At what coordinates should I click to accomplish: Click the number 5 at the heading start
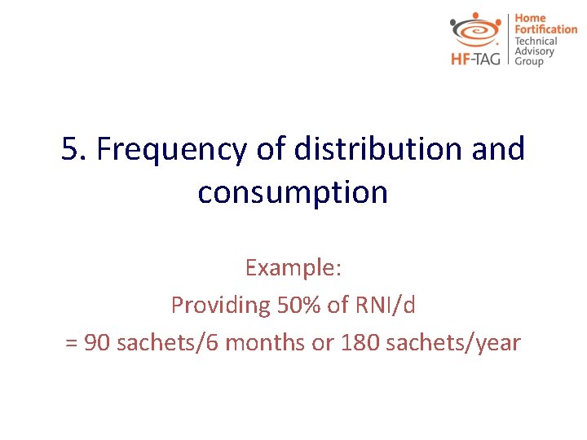click(70, 150)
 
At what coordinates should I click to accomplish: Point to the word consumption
click(293, 193)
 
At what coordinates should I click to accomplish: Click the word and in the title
click(497, 150)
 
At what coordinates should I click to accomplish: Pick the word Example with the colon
click(292, 267)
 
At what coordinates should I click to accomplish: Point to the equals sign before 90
click(71, 343)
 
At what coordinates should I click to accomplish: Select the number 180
click(357, 343)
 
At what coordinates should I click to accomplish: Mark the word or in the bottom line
click(322, 343)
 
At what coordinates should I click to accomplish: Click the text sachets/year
click(452, 343)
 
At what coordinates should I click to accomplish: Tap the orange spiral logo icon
click(477, 31)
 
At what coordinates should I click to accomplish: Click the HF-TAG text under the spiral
click(477, 59)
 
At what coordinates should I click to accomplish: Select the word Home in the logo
click(529, 18)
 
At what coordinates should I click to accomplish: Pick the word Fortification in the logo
click(545, 29)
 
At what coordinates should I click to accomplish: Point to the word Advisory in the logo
click(534, 51)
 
